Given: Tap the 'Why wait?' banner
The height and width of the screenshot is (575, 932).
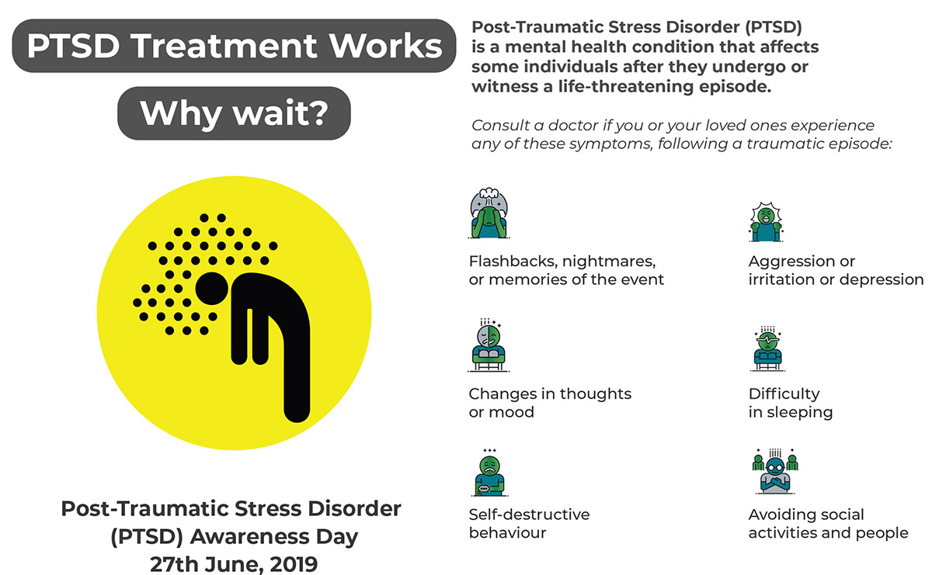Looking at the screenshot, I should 234,113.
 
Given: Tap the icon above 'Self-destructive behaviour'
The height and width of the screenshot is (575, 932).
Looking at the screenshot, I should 489,473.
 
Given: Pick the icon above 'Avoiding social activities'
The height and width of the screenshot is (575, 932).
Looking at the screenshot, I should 775,471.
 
